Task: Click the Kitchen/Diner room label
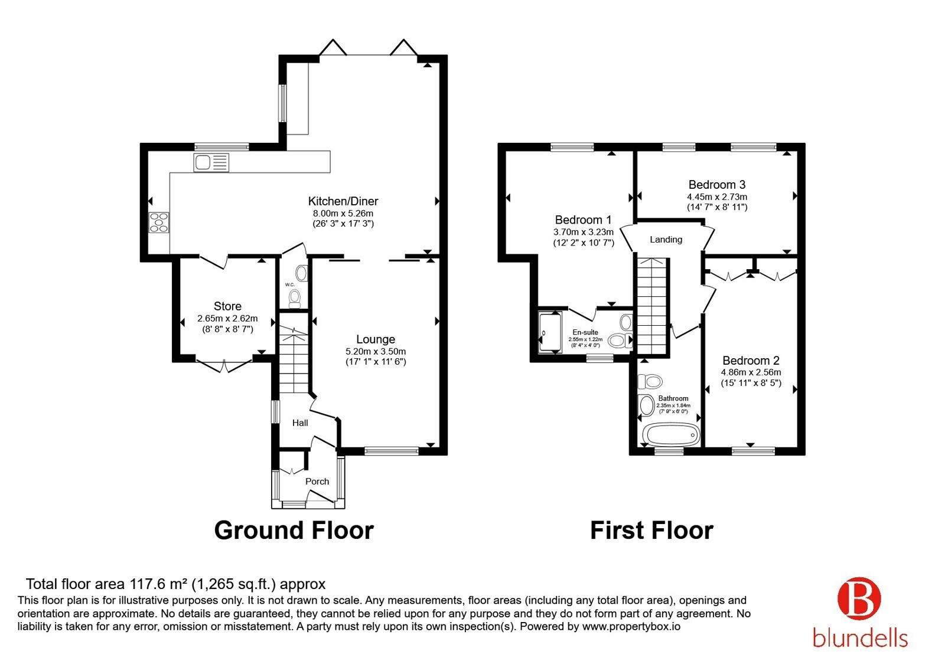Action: pyautogui.click(x=343, y=201)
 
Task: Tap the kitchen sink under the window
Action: pyautogui.click(x=211, y=162)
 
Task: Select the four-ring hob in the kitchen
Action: pyautogui.click(x=159, y=222)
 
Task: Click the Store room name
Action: pyautogui.click(x=227, y=306)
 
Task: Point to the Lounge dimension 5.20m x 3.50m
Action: pyautogui.click(x=376, y=351)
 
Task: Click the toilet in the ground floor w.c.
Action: pyautogui.click(x=295, y=298)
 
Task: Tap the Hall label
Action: pyautogui.click(x=300, y=423)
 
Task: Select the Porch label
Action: pyautogui.click(x=317, y=482)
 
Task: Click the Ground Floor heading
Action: pyautogui.click(x=294, y=531)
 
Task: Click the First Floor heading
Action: pyautogui.click(x=651, y=531)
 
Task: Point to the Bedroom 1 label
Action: pyautogui.click(x=583, y=220)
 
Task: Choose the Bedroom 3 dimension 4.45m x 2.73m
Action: pyautogui.click(x=717, y=197)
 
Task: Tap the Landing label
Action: pyautogui.click(x=666, y=240)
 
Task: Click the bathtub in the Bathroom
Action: pyautogui.click(x=670, y=434)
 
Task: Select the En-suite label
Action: pyautogui.click(x=585, y=332)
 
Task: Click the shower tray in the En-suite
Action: pyautogui.click(x=550, y=333)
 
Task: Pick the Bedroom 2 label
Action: pyautogui.click(x=751, y=361)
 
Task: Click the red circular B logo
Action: pyautogui.click(x=859, y=598)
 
